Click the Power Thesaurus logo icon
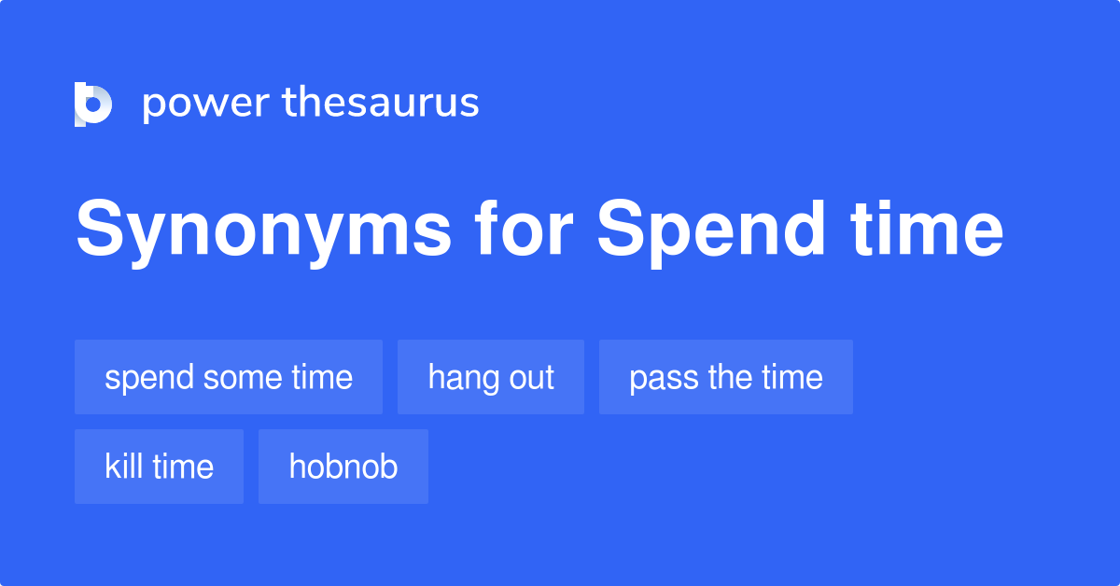tap(93, 104)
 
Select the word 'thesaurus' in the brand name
tap(381, 102)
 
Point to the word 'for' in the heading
tap(524, 228)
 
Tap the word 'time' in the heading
tap(928, 228)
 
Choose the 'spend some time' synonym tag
tap(229, 377)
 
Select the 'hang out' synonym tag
tap(491, 377)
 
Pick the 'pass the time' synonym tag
tap(726, 377)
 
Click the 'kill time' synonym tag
tap(159, 467)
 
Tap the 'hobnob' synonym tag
tap(343, 467)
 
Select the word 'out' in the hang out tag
tap(531, 378)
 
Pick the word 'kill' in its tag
tap(123, 466)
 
